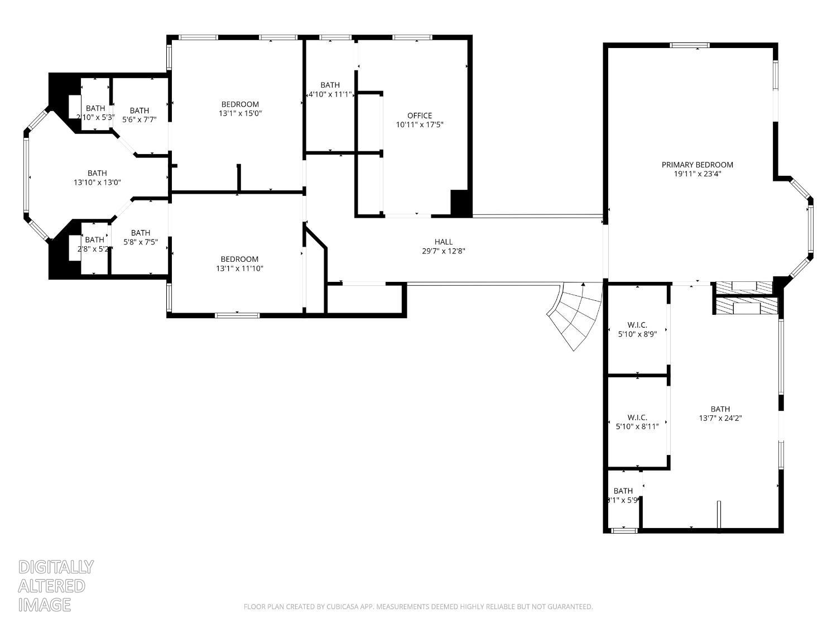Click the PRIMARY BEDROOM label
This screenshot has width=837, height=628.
click(x=697, y=165)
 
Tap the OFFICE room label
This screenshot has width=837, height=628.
click(x=420, y=116)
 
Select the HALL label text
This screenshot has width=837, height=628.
click(x=444, y=242)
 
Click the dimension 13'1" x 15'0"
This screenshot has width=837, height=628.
click(x=240, y=113)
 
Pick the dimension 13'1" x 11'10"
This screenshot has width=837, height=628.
click(x=239, y=269)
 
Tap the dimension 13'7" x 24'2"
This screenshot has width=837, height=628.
click(x=720, y=418)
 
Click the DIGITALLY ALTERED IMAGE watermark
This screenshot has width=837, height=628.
click(x=56, y=586)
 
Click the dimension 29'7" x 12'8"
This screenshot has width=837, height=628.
click(x=444, y=251)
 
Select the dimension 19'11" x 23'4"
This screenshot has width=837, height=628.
click(x=697, y=174)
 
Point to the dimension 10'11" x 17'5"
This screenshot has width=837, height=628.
click(x=420, y=125)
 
